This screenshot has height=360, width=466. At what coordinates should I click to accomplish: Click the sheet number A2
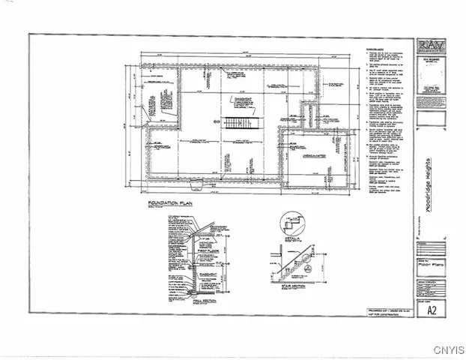[x=430, y=308]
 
